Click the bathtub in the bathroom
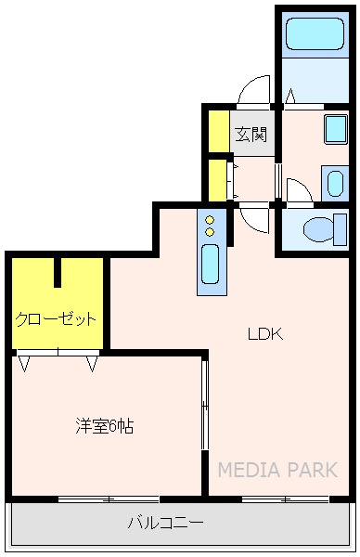click(x=315, y=35)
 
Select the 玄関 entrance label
click(x=251, y=135)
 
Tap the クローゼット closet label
click(x=56, y=319)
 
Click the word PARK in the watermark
click(x=312, y=470)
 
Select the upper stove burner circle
click(x=210, y=220)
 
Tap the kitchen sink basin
click(x=210, y=266)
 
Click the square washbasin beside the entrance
click(x=335, y=128)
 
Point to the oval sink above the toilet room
click(x=334, y=181)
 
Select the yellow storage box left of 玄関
click(x=218, y=131)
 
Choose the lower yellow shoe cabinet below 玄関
click(x=218, y=179)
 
